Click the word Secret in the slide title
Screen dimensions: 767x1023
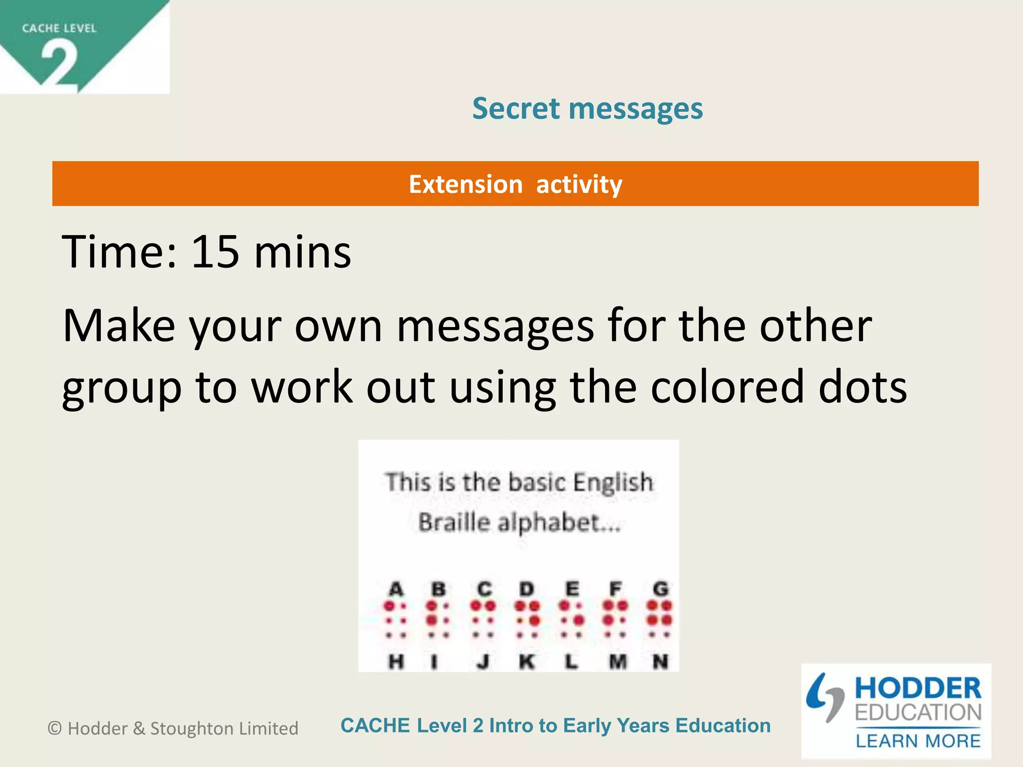(x=516, y=108)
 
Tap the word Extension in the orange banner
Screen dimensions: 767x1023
(x=466, y=184)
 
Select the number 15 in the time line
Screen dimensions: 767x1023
(x=215, y=252)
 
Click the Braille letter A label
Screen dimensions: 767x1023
(x=396, y=589)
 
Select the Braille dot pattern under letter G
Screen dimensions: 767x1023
(x=660, y=620)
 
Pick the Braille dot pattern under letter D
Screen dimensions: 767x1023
(x=527, y=620)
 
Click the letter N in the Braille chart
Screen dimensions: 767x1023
(x=660, y=662)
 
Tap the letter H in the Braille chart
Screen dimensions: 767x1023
(x=396, y=662)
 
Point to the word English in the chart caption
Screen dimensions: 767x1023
(x=613, y=482)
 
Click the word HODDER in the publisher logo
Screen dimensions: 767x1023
(x=918, y=688)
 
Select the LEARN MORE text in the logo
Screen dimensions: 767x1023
(x=918, y=741)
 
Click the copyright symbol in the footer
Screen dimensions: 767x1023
(x=54, y=729)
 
